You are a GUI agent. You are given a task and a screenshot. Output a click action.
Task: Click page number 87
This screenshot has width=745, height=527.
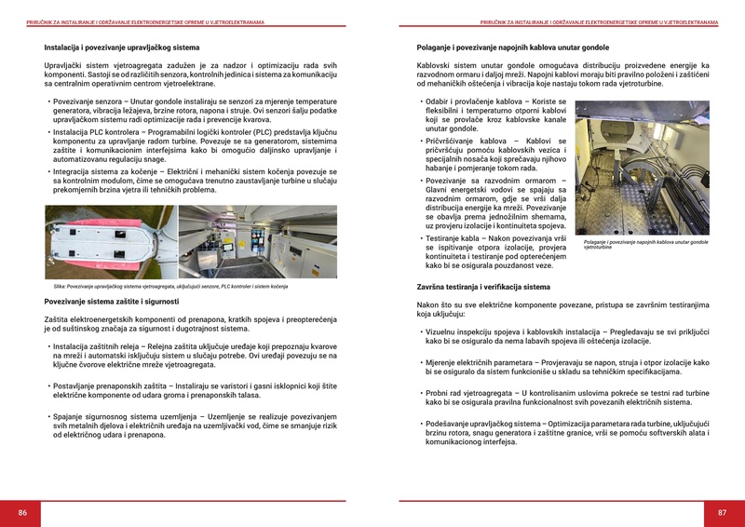click(x=722, y=513)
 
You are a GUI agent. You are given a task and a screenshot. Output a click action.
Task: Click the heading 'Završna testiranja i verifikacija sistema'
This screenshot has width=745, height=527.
click(x=483, y=287)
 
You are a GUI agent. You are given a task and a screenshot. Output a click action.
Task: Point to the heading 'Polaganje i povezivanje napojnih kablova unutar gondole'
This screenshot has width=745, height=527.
click(x=512, y=46)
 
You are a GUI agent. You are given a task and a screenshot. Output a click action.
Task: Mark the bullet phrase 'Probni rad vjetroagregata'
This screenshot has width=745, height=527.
click(x=470, y=394)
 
